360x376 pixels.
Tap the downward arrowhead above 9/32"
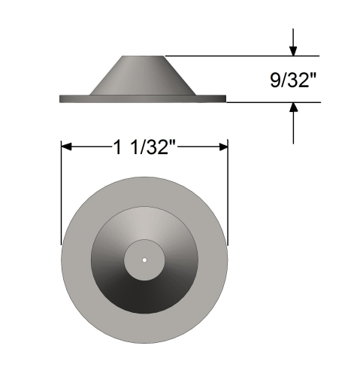(x=293, y=50)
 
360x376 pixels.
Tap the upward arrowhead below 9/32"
(x=293, y=109)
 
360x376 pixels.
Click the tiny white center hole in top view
(x=144, y=260)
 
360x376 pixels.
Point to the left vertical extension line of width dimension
(x=61, y=196)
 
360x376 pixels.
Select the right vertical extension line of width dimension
(x=228, y=196)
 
